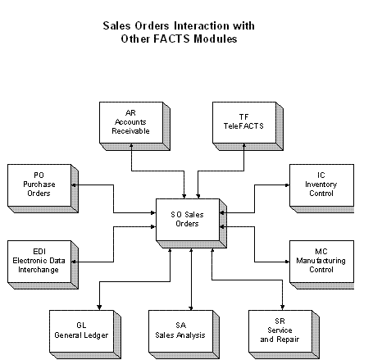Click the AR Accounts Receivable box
pos(134,126)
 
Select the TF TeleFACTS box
pos(248,126)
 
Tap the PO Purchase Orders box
pos(43,189)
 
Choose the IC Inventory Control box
pos(321,189)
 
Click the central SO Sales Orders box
pos(191,223)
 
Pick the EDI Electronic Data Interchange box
pos(43,265)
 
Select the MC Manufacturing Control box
pos(321,265)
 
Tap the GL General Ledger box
pos(85,335)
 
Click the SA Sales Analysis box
pos(184,335)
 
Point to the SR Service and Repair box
pos(284,335)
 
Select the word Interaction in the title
pos(202,25)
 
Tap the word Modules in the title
pos(216,39)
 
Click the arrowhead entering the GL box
pos(99,308)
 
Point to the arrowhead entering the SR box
pos(282,308)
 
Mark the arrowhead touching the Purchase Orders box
pos(74,185)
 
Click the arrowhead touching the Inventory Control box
pos(287,185)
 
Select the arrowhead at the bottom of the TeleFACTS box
pos(244,145)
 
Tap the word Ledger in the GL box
pos(96,335)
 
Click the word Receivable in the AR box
pos(130,131)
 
